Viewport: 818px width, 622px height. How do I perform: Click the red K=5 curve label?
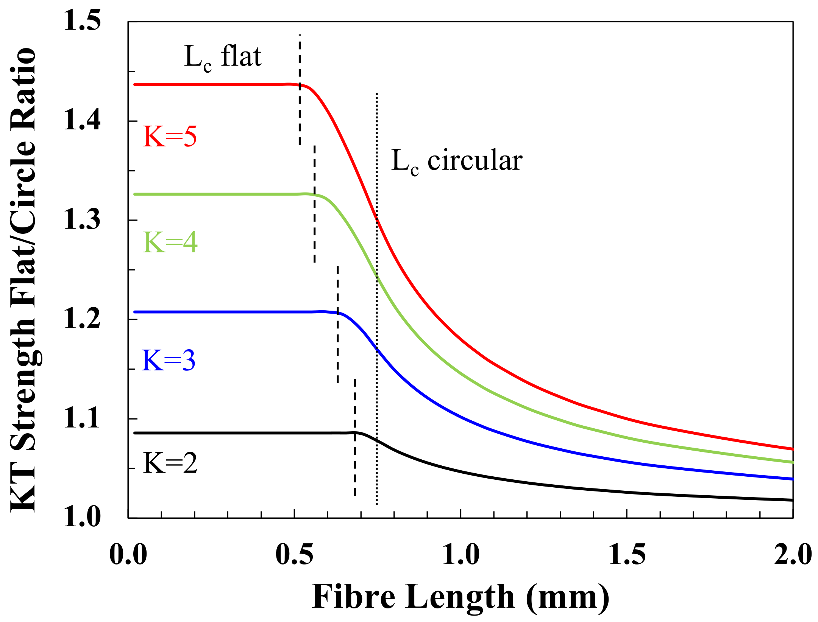pyautogui.click(x=170, y=137)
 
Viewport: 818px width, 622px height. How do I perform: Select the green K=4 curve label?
pyautogui.click(x=170, y=243)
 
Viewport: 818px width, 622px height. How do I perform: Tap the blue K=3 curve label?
pyautogui.click(x=169, y=360)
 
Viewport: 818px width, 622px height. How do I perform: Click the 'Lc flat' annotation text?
pyautogui.click(x=223, y=57)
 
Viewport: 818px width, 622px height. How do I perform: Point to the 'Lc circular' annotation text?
pyautogui.click(x=456, y=161)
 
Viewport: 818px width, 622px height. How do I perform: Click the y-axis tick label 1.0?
pyautogui.click(x=82, y=517)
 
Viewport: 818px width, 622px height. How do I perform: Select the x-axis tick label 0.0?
pyautogui.click(x=128, y=555)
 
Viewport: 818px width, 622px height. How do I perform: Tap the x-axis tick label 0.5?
pyautogui.click(x=294, y=555)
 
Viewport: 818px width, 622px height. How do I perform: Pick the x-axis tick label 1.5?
pyautogui.click(x=627, y=555)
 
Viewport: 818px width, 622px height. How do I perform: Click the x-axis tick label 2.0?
pyautogui.click(x=793, y=555)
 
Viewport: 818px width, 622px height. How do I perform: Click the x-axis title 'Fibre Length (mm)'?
pyautogui.click(x=460, y=597)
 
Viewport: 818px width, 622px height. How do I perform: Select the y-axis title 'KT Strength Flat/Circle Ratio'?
pyautogui.click(x=23, y=280)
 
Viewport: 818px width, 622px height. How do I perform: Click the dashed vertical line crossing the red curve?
pyautogui.click(x=300, y=114)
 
